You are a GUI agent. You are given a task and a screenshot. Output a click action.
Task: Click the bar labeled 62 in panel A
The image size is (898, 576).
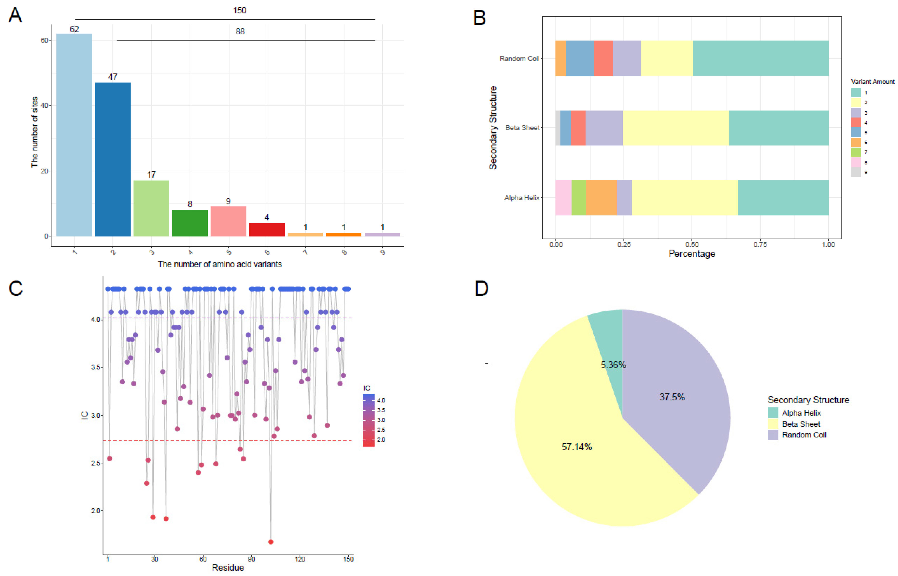pyautogui.click(x=74, y=135)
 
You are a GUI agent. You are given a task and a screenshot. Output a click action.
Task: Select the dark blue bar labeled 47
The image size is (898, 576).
pyautogui.click(x=113, y=159)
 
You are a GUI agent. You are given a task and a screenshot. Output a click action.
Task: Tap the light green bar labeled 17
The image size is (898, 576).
pyautogui.click(x=151, y=208)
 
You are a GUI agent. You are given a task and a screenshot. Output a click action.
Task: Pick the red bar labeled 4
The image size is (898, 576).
pyautogui.click(x=267, y=230)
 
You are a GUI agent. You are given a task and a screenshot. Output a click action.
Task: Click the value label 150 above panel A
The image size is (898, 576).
pyautogui.click(x=240, y=10)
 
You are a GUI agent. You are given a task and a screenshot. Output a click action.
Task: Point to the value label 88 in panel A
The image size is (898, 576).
pyautogui.click(x=240, y=31)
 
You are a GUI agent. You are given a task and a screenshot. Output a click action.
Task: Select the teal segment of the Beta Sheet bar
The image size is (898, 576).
pyautogui.click(x=779, y=128)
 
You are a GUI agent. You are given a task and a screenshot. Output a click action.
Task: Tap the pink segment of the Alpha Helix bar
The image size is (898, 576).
pyautogui.click(x=563, y=198)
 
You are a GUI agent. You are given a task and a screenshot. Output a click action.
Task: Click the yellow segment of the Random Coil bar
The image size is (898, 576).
pyautogui.click(x=667, y=58)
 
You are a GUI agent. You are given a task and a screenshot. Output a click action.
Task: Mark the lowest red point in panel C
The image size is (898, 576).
pyautogui.click(x=271, y=542)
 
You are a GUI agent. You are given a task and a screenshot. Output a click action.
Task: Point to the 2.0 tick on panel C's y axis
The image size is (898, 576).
pyautogui.click(x=95, y=511)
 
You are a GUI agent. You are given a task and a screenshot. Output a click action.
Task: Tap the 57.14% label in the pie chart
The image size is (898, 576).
pyautogui.click(x=577, y=447)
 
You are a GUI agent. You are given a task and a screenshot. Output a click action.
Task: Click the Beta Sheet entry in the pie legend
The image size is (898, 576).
pyautogui.click(x=801, y=424)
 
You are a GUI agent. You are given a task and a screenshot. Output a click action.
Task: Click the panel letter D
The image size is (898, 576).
pyautogui.click(x=481, y=288)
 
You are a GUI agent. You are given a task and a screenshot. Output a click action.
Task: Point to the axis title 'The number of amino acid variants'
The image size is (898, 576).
pyautogui.click(x=220, y=264)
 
